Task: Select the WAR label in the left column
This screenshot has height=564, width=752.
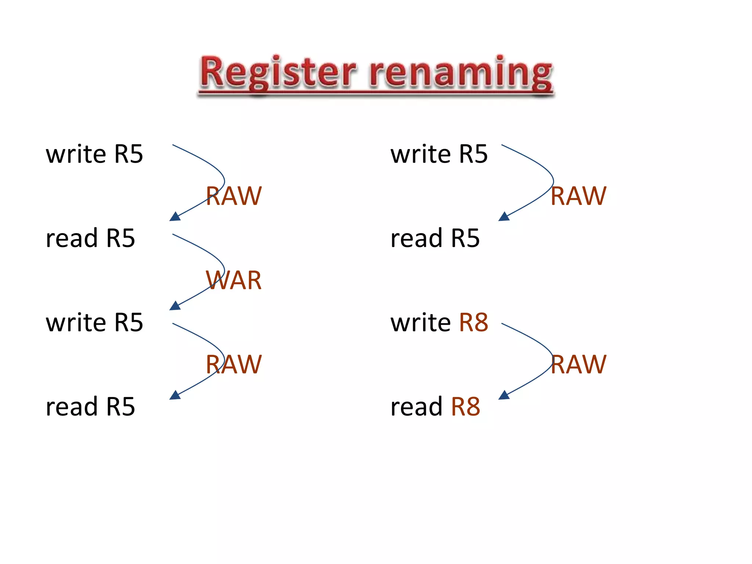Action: [234, 280]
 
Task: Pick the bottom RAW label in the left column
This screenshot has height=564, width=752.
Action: [234, 364]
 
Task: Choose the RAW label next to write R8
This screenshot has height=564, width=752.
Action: [578, 364]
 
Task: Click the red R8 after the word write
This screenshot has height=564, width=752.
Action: [474, 322]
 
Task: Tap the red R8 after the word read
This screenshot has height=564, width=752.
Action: [465, 406]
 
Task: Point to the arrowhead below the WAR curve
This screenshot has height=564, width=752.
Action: [175, 306]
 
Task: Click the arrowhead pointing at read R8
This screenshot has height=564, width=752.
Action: [504, 395]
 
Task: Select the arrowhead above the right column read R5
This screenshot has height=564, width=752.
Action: [504, 217]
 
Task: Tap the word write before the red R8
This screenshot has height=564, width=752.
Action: [420, 322]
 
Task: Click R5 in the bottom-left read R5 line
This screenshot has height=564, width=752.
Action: [120, 406]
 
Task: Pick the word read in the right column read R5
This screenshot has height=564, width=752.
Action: [416, 238]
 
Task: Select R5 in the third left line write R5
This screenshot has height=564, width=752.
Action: [129, 322]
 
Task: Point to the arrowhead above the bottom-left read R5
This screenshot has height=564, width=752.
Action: [175, 395]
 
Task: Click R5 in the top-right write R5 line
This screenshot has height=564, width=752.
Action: [473, 154]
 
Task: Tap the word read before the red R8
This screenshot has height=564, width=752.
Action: [416, 406]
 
